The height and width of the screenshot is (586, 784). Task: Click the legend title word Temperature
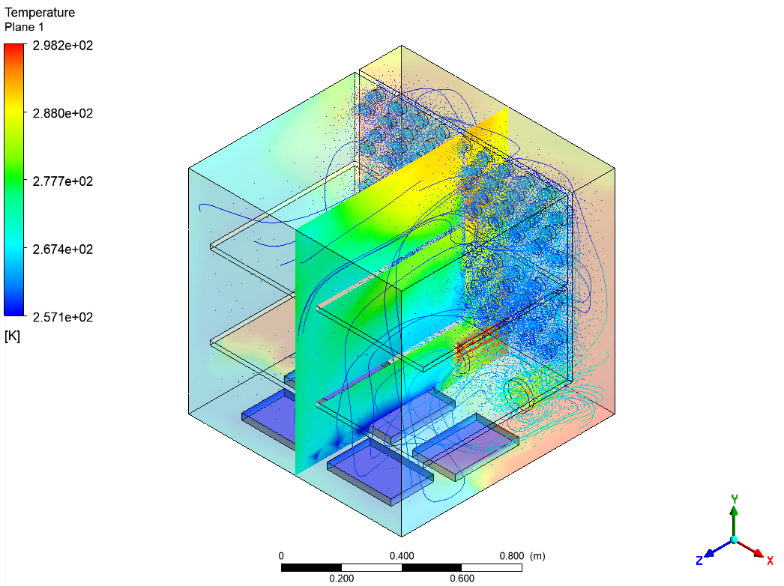pyautogui.click(x=40, y=13)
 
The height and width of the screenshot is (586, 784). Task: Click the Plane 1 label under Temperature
pyautogui.click(x=24, y=27)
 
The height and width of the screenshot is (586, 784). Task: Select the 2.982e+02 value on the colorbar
pyautogui.click(x=62, y=46)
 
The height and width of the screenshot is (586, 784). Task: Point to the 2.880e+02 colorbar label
pyautogui.click(x=62, y=113)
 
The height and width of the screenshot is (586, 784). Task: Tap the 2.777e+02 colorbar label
pyautogui.click(x=62, y=181)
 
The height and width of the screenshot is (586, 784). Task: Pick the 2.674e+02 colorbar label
pyautogui.click(x=62, y=249)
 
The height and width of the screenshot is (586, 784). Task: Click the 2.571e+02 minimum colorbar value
pyautogui.click(x=62, y=317)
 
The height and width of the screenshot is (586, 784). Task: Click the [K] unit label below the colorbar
pyautogui.click(x=12, y=336)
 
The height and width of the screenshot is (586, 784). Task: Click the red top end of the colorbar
pyautogui.click(x=14, y=46)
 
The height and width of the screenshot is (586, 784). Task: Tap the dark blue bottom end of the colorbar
pyautogui.click(x=14, y=312)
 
